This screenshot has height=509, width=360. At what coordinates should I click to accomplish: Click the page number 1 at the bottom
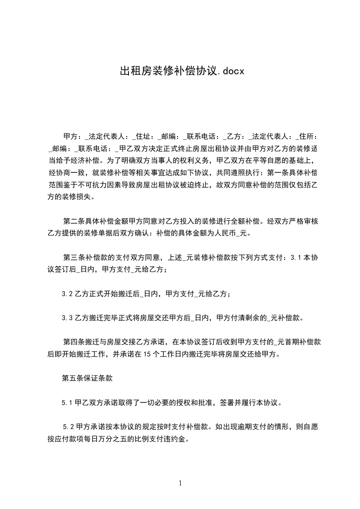[x=180, y=483]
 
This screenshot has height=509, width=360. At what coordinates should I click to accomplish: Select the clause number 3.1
[x=296, y=258]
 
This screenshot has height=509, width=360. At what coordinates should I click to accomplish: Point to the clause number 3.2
[x=68, y=294]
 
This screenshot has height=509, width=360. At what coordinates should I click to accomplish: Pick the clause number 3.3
[x=68, y=318]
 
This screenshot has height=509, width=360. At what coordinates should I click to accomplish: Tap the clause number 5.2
[x=69, y=426]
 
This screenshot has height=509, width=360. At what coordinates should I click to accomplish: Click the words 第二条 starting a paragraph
[x=72, y=222]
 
